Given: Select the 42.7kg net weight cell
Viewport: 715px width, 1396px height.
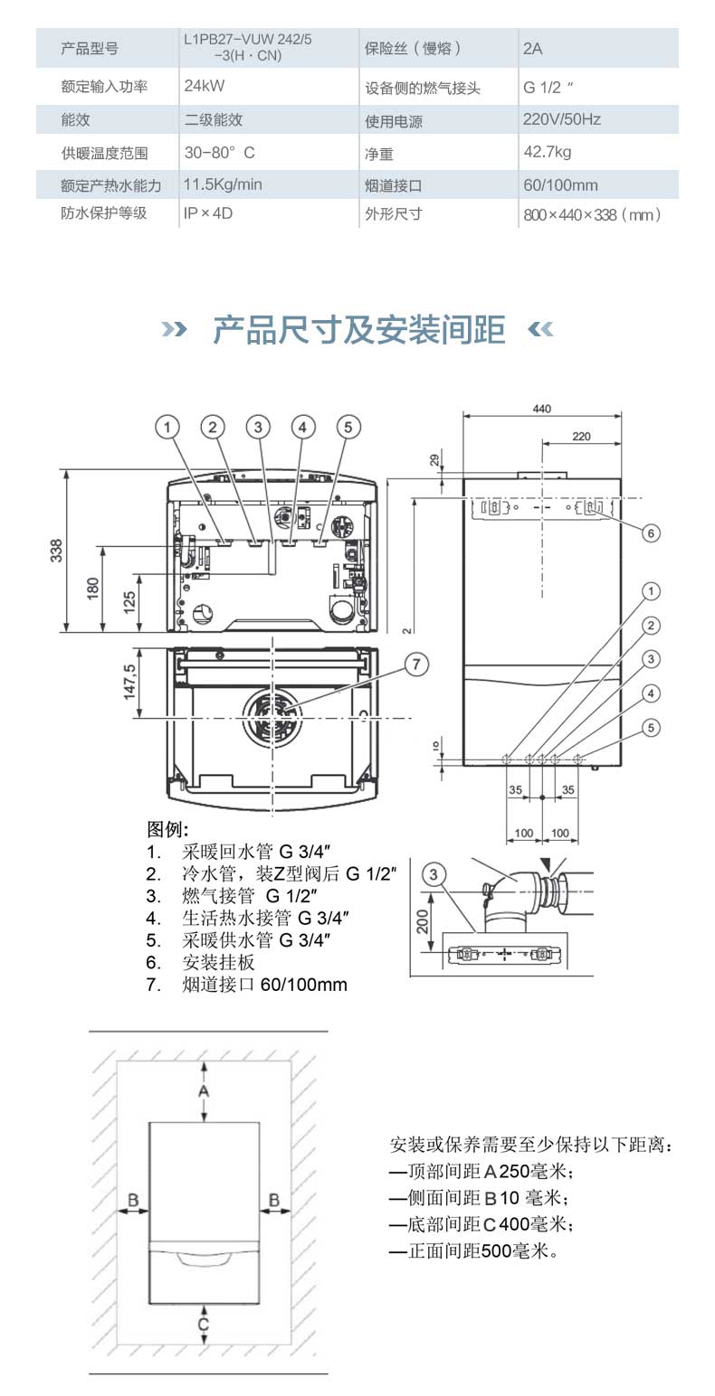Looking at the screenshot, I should [547, 152].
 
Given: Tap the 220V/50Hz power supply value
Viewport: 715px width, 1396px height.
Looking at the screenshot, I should [561, 119].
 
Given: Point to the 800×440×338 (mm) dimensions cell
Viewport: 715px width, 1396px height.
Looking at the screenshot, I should [592, 215].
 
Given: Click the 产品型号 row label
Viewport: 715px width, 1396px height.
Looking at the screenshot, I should [89, 49].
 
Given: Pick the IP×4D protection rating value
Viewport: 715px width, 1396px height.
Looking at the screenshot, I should [208, 214].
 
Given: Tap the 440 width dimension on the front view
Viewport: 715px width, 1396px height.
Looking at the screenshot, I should [541, 409].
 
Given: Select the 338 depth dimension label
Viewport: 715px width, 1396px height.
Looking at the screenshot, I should [56, 550].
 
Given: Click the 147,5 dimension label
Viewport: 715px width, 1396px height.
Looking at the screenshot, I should [129, 682].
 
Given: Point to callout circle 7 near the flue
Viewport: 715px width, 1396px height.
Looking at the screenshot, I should [415, 665].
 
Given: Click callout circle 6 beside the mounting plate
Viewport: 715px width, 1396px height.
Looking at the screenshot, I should [651, 533].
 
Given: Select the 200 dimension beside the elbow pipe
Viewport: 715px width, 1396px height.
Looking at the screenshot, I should [422, 921].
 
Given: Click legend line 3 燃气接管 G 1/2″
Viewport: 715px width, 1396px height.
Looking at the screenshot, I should [248, 896].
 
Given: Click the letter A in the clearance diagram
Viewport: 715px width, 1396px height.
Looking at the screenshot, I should [204, 1091].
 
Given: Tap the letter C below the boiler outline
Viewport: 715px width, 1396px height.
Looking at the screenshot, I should [204, 1325].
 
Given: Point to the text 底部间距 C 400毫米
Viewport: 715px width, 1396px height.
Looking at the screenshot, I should [481, 1224].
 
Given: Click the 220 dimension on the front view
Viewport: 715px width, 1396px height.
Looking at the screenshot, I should [581, 437].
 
